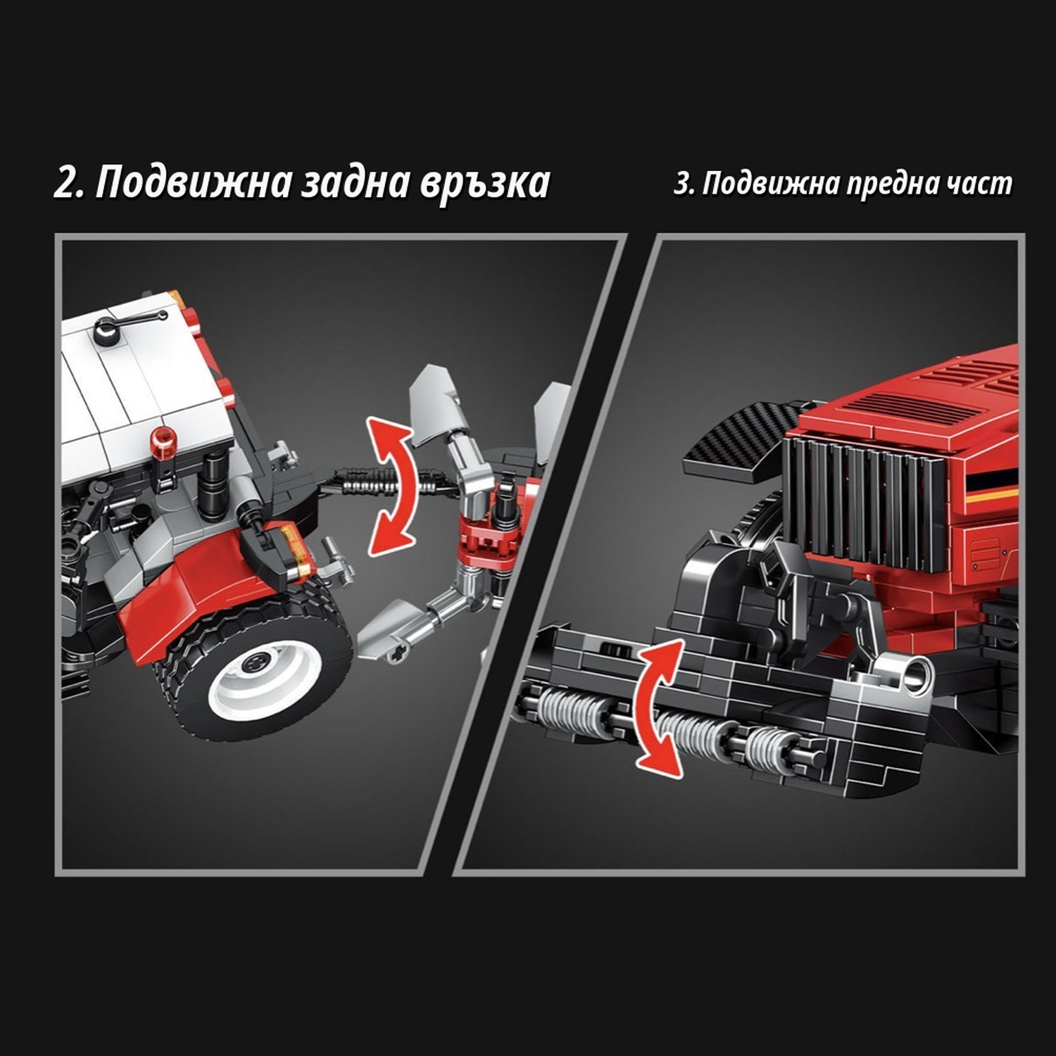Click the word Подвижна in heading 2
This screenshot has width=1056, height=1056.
[194, 183]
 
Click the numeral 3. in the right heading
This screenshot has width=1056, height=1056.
[684, 184]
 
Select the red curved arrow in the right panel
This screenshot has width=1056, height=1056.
[658, 708]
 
